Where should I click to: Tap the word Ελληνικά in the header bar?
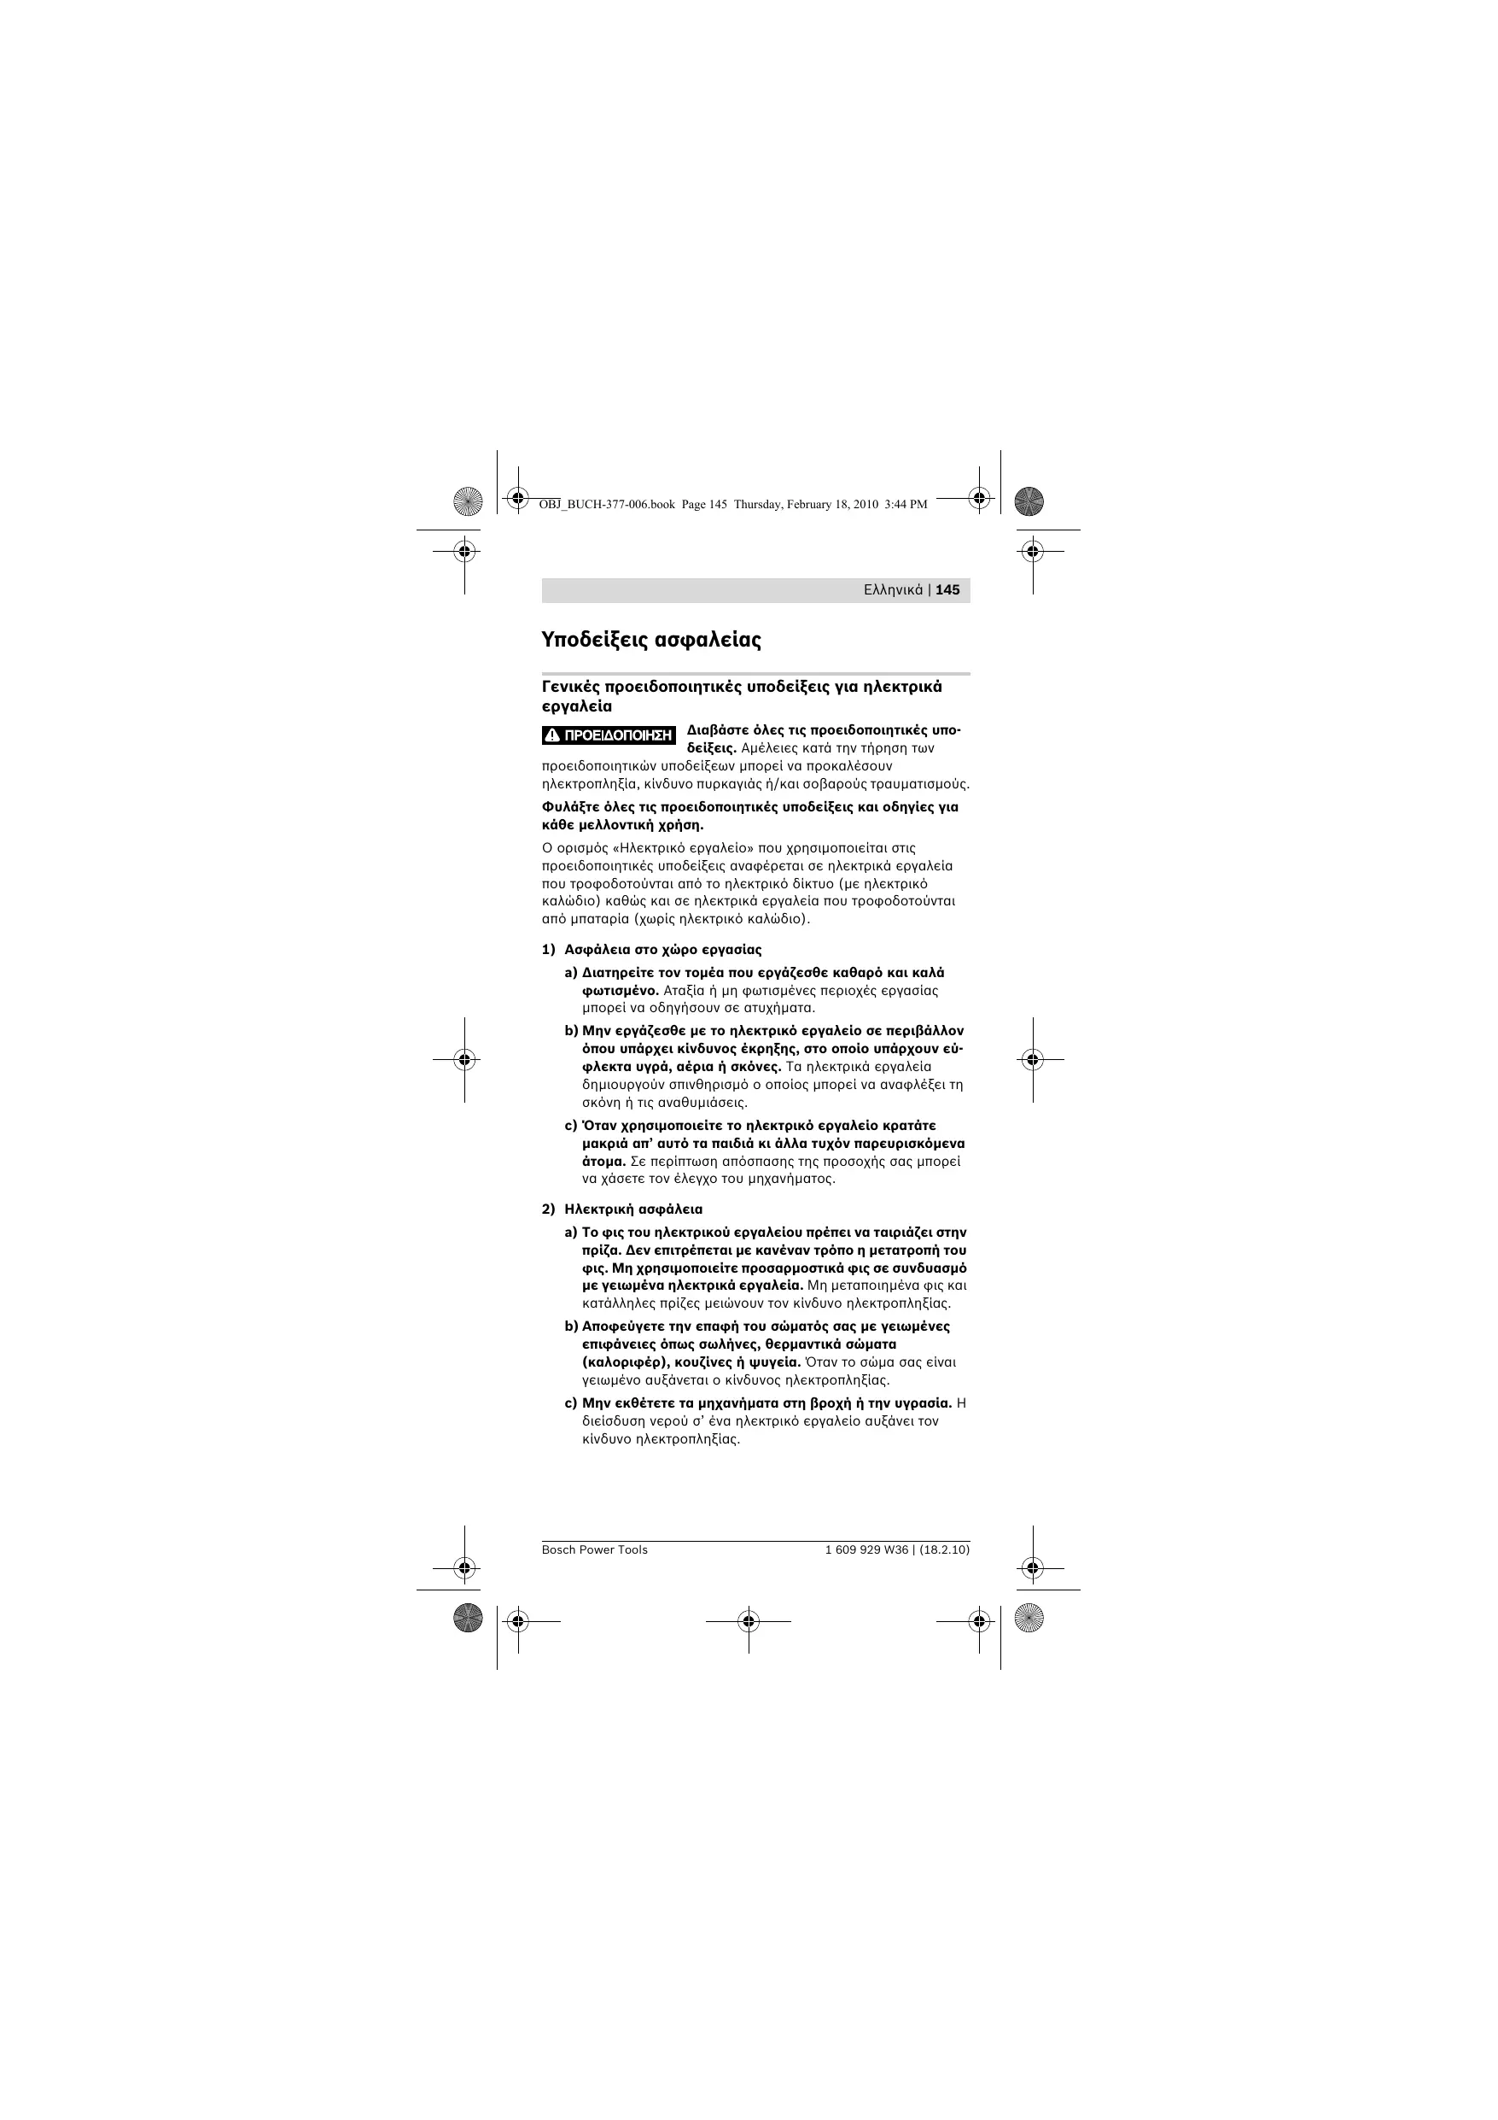point(893,590)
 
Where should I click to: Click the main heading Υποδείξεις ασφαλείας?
point(650,639)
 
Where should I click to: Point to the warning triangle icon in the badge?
point(552,736)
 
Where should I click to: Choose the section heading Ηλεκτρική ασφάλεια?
point(633,1209)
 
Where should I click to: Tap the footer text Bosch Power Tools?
point(594,1550)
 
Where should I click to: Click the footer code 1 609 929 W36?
point(866,1550)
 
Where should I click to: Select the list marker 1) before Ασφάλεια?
point(548,949)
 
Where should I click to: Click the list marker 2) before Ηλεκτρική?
point(548,1209)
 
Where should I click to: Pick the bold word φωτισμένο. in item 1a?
point(621,991)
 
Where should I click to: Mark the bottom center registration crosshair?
point(749,1620)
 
